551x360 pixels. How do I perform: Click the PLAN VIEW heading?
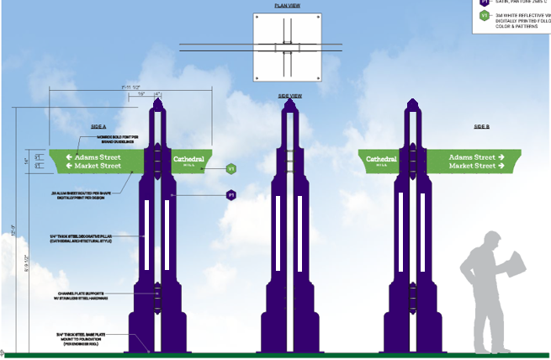coord(289,5)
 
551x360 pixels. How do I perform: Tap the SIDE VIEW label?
coord(289,96)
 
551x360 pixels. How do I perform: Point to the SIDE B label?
coord(481,126)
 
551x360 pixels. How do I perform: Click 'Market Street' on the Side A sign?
coord(98,166)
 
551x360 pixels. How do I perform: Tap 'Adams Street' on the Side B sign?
coord(471,157)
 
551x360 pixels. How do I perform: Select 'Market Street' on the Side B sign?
coord(471,166)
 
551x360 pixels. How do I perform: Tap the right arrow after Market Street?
coord(501,166)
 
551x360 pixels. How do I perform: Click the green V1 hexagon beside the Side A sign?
coord(230,169)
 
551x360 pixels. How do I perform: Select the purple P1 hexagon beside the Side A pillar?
coord(230,195)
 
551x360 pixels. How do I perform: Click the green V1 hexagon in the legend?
coord(485,16)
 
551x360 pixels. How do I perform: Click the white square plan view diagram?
coord(289,48)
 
